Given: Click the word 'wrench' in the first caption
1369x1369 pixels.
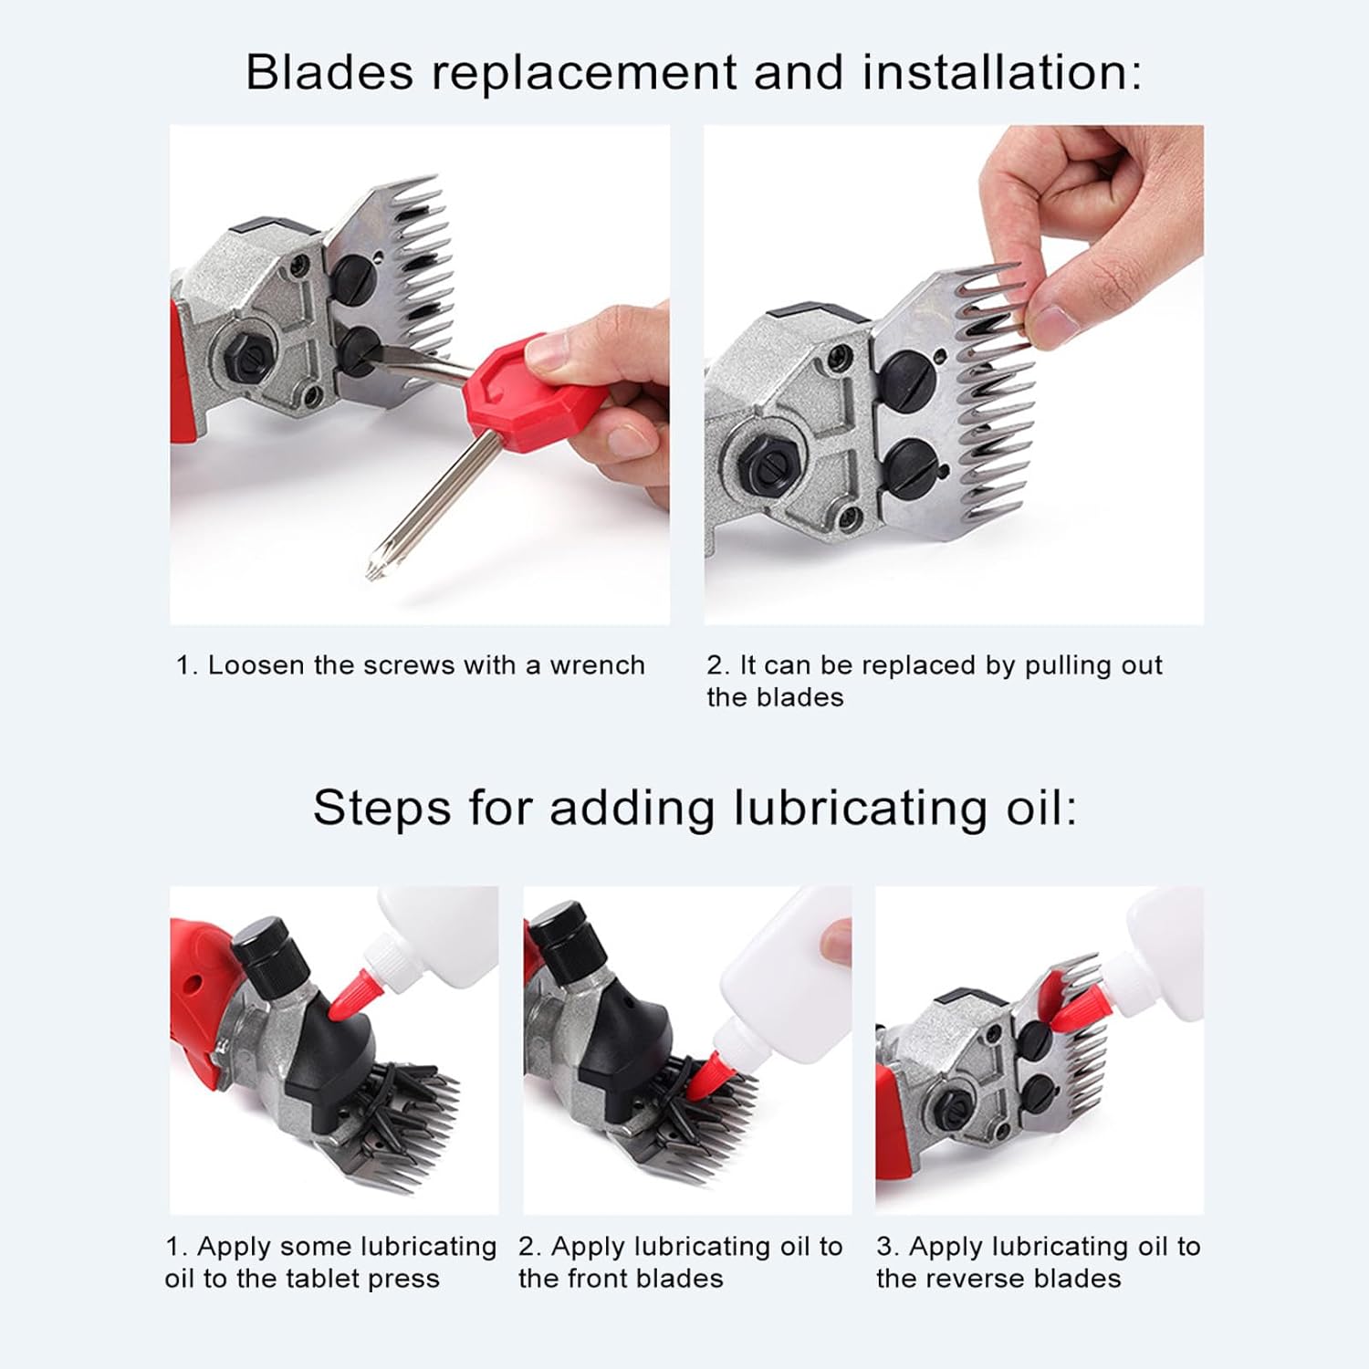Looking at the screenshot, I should [x=597, y=665].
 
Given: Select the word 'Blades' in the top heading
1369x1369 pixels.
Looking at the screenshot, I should [x=329, y=72].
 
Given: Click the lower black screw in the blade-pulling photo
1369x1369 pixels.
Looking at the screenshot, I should [x=913, y=468].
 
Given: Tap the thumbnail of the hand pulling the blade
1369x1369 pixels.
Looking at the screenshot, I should [x=953, y=374].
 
